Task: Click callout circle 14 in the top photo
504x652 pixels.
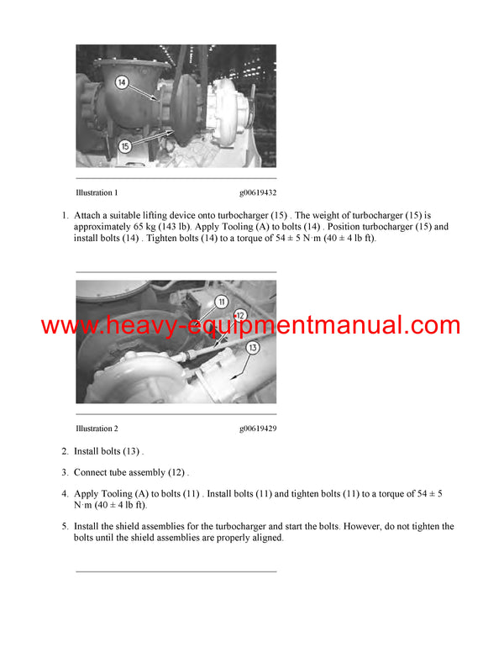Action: click(x=121, y=82)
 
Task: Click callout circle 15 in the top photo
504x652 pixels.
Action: click(x=124, y=145)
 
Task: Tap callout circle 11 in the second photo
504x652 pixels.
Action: click(x=221, y=301)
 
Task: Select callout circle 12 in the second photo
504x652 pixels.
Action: click(x=239, y=316)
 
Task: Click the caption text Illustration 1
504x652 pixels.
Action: click(x=97, y=193)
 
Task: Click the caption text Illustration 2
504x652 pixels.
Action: click(x=97, y=429)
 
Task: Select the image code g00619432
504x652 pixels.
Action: click(x=258, y=193)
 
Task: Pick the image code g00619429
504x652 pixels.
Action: click(x=258, y=429)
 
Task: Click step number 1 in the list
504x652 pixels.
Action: click(x=65, y=216)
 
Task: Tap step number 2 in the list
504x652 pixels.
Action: click(x=65, y=452)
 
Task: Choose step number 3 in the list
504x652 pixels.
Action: click(x=65, y=473)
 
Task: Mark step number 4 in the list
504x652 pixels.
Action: click(x=65, y=494)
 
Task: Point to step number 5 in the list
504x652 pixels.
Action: click(x=65, y=527)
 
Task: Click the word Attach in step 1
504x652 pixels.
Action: click(x=88, y=216)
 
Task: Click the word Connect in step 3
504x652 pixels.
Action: click(x=92, y=473)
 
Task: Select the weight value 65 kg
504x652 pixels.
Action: click(x=138, y=228)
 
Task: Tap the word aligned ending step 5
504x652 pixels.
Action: click(x=265, y=539)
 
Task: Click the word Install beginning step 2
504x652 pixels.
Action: click(x=87, y=452)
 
